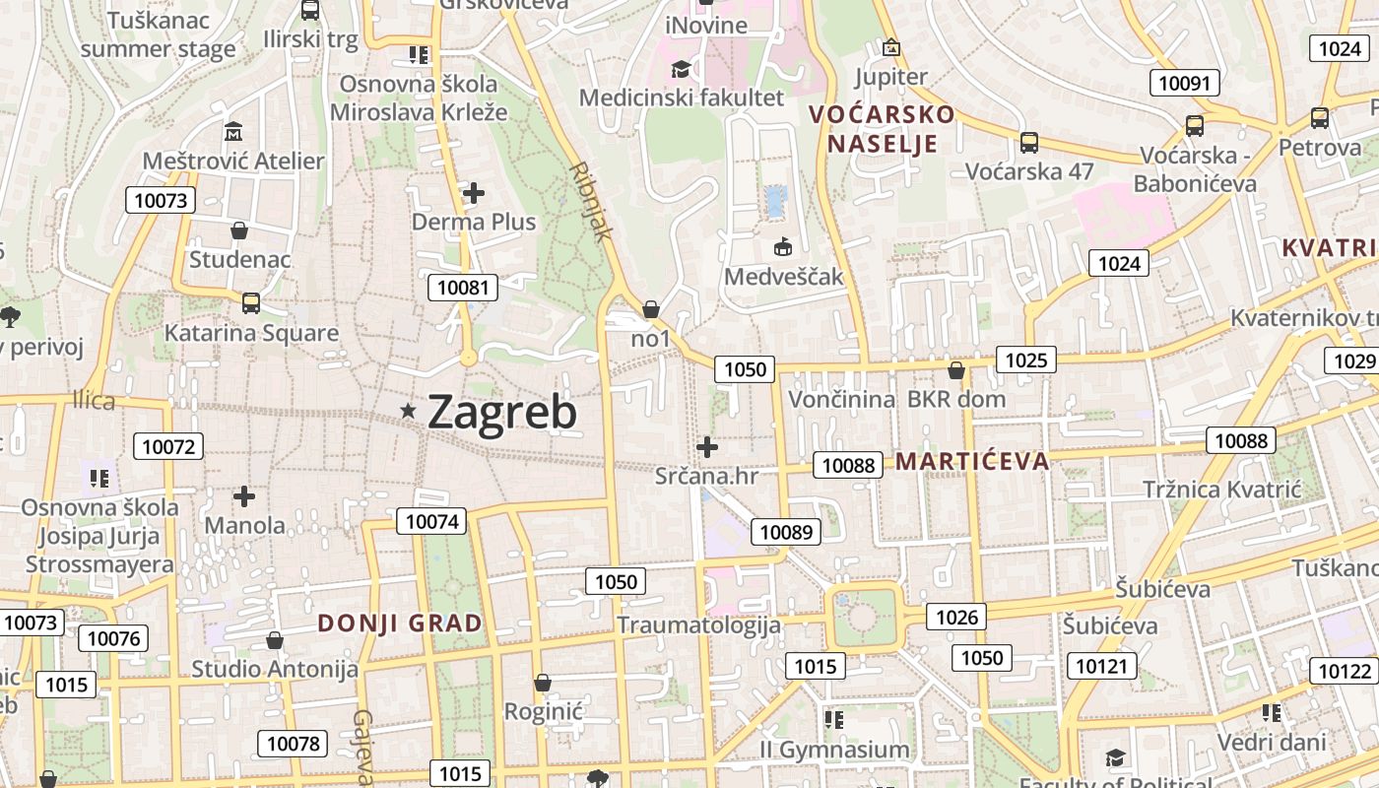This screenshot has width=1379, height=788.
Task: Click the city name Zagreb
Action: point(502,412)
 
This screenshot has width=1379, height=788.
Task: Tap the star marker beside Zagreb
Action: point(408,410)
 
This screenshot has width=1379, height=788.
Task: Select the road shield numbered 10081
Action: point(463,288)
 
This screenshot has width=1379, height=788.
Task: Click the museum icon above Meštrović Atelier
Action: point(234,131)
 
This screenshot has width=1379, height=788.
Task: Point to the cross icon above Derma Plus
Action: point(474,193)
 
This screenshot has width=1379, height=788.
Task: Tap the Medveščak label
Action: point(784,276)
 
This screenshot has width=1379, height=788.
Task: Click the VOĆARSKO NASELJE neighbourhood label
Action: point(882,129)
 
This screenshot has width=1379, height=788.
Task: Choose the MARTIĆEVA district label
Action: point(972,461)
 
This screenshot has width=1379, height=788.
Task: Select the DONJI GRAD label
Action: point(400,624)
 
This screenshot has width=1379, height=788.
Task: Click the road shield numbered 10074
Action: point(431,521)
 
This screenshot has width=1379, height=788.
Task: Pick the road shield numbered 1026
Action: point(956,617)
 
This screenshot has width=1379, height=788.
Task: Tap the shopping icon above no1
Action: point(650,310)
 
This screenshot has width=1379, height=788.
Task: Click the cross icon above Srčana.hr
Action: point(707,447)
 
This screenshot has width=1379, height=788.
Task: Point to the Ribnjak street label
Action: point(591,202)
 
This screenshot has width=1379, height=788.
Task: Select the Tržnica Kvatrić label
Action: point(1222,490)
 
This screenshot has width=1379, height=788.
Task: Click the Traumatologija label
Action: point(698,624)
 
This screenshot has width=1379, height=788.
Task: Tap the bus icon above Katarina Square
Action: point(251,303)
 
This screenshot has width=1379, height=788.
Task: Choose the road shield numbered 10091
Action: point(1184,83)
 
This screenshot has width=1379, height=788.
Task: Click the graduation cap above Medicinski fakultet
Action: point(681,69)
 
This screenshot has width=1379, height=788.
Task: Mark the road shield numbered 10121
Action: point(1101,666)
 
